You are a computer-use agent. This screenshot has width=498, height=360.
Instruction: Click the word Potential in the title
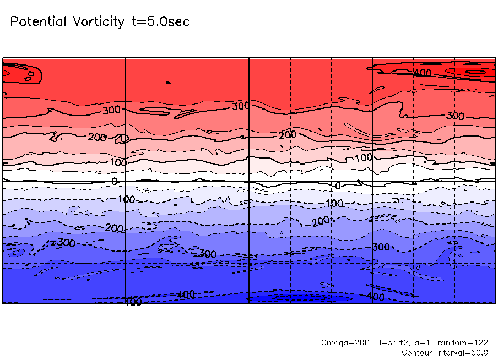click(x=38, y=22)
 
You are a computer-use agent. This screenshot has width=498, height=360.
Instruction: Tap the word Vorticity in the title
click(x=98, y=22)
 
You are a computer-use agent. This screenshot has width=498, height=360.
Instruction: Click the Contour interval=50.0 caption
click(x=445, y=352)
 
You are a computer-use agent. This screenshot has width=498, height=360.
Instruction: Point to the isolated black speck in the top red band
click(x=169, y=83)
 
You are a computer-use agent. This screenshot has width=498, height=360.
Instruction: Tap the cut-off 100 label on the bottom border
click(x=132, y=302)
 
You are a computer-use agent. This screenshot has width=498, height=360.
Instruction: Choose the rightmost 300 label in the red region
click(x=455, y=116)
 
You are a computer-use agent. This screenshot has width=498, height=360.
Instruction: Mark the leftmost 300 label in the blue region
click(x=66, y=242)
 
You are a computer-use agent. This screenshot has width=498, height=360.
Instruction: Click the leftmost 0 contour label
click(x=114, y=181)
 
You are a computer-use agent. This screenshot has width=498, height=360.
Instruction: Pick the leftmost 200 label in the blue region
click(x=114, y=228)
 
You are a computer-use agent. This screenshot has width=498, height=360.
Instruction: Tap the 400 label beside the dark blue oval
click(x=375, y=297)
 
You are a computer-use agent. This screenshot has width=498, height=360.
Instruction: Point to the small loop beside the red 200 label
click(x=123, y=138)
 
